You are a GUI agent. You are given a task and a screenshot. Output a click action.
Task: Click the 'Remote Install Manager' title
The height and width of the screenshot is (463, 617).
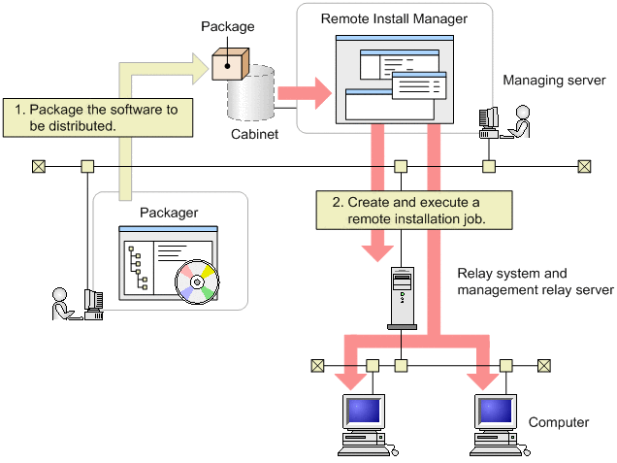393,19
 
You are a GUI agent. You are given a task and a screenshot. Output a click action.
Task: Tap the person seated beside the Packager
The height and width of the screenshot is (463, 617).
63,303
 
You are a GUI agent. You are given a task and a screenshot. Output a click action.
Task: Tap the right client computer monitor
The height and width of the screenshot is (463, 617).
496,413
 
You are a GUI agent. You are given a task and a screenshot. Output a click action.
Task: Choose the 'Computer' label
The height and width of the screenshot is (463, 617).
558,423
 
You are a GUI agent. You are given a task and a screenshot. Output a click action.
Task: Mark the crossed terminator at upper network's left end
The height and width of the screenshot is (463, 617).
38,166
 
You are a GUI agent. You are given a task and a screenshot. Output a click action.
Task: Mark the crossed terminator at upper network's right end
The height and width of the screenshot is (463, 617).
584,166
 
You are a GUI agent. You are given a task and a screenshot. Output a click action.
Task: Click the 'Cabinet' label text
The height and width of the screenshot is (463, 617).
255,135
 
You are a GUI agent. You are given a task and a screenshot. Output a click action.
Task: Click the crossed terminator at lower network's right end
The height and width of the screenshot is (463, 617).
544,365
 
